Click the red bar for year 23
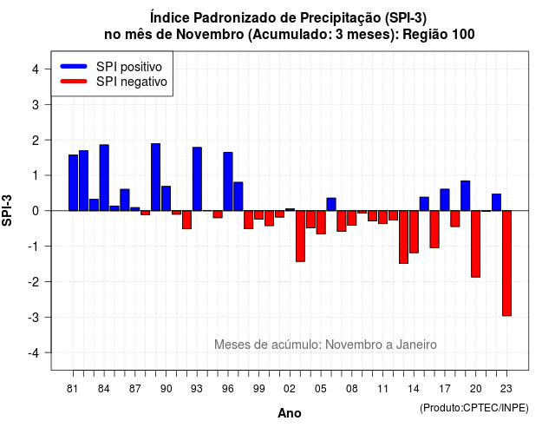506,263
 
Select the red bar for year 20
476,244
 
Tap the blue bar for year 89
156,177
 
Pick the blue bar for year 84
104,177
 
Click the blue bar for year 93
197,179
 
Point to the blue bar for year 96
228,181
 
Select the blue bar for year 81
73,183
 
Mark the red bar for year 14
414,232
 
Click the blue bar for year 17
445,200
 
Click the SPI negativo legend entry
114,82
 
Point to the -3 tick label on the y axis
34,318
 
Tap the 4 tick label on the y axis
36,69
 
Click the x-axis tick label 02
289,389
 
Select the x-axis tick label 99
258,389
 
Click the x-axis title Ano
290,413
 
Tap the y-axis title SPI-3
7,210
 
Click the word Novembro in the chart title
210,35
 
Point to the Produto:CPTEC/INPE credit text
474,408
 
